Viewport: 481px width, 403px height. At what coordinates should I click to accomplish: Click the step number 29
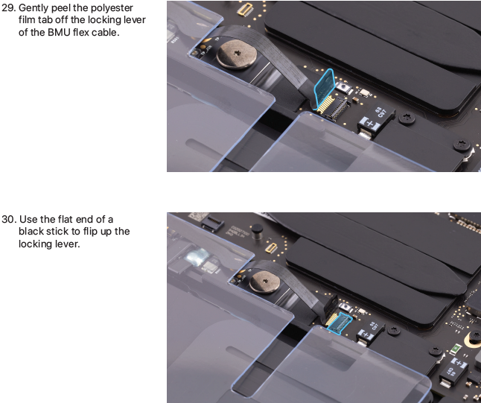[8, 7]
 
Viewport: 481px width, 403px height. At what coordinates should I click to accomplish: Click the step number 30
[9, 220]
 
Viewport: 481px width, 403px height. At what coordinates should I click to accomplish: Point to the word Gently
[34, 8]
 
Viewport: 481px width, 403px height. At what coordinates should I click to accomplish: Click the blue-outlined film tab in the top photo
[324, 89]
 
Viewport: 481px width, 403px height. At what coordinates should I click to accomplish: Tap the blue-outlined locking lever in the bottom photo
[339, 323]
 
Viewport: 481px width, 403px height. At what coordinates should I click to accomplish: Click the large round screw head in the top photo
[237, 54]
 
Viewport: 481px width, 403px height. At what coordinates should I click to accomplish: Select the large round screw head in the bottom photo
[264, 282]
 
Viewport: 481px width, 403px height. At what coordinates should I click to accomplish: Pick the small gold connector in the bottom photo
[271, 248]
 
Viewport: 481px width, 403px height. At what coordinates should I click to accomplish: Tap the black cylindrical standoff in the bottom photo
[257, 231]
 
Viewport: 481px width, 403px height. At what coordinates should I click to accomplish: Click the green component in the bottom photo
[456, 348]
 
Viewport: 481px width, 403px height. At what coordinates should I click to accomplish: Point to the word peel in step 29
[61, 8]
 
